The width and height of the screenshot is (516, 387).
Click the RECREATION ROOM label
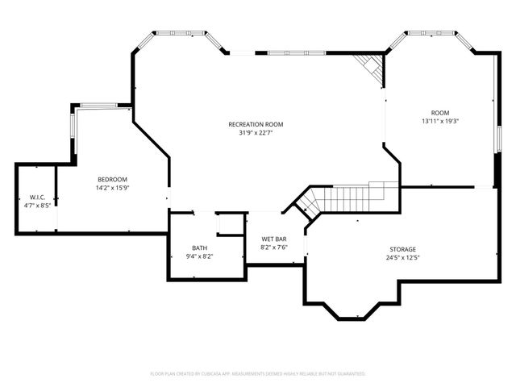click(x=256, y=124)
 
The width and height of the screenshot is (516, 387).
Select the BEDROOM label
click(x=112, y=179)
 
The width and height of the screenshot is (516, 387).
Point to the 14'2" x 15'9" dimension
click(x=112, y=188)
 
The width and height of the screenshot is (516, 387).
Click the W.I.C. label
click(x=36, y=197)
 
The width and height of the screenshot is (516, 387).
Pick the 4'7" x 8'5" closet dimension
click(x=36, y=206)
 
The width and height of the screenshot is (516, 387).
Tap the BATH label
click(x=199, y=248)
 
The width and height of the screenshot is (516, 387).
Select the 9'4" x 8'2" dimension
click(x=199, y=256)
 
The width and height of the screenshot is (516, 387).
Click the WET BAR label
click(x=274, y=239)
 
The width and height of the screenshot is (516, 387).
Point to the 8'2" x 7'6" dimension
click(x=274, y=248)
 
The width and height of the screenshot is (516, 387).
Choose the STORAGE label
click(x=403, y=249)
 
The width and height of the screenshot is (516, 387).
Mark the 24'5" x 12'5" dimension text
click(x=403, y=258)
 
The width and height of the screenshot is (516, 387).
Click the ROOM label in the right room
click(x=439, y=112)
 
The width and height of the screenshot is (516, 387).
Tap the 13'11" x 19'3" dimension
click(x=439, y=121)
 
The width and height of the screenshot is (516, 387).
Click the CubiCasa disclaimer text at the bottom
click(x=258, y=374)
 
